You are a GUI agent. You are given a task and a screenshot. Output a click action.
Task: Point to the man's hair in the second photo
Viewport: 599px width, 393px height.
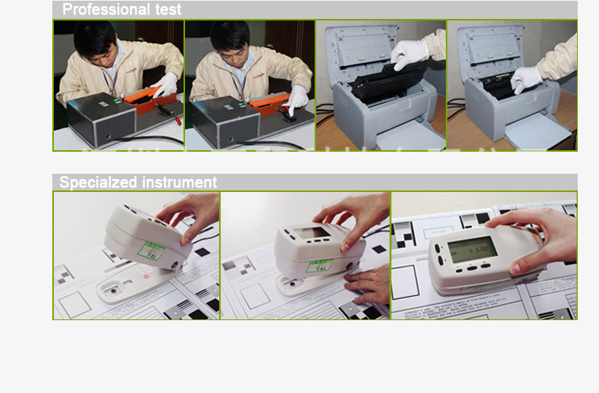tap(231, 34)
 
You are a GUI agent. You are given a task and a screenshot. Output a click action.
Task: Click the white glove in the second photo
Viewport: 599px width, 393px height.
tap(297, 97)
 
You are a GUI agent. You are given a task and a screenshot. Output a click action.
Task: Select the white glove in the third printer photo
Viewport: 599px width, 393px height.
tap(410, 52)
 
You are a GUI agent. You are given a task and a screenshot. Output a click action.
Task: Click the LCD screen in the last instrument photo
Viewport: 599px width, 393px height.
tap(472, 247)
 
